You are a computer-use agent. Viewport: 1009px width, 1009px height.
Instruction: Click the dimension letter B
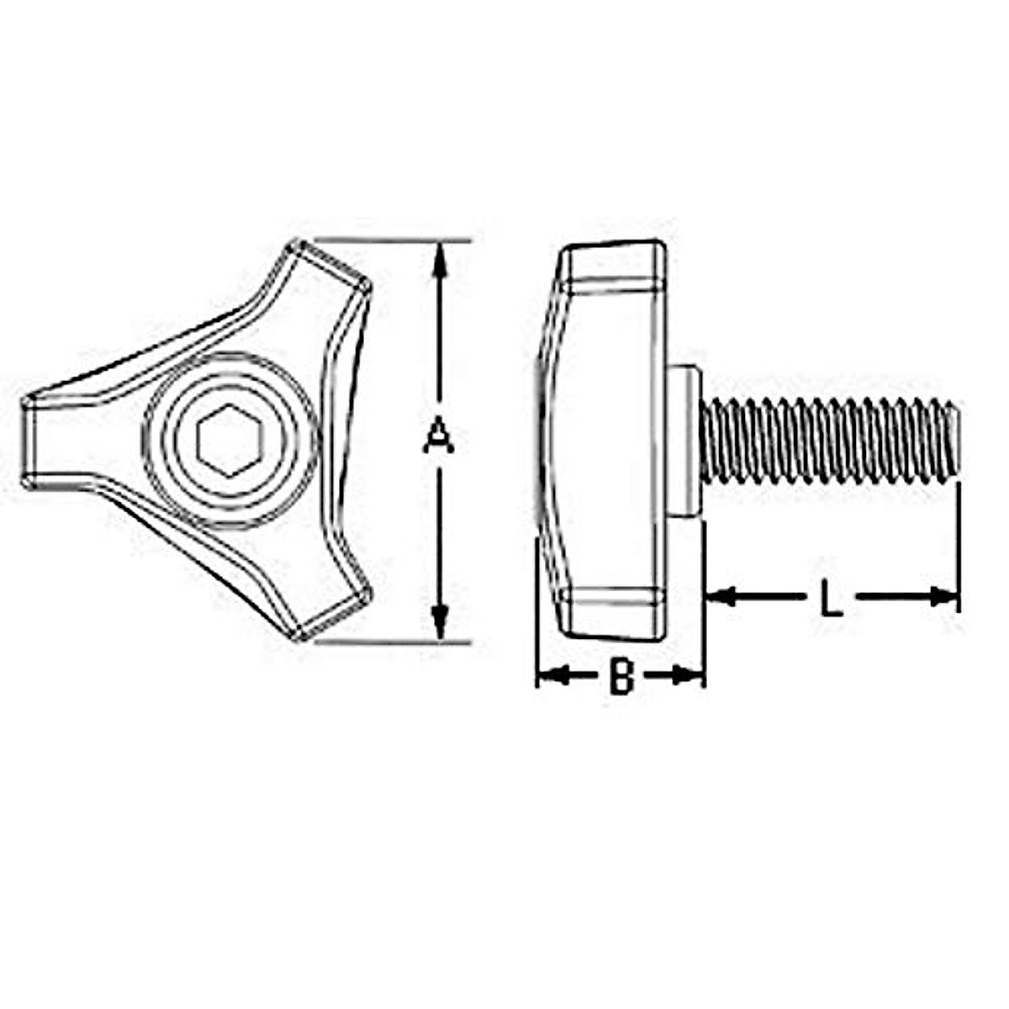tap(621, 676)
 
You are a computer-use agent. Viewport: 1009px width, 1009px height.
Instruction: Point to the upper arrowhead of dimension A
tap(437, 256)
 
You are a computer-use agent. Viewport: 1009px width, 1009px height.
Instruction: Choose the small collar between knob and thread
tap(685, 441)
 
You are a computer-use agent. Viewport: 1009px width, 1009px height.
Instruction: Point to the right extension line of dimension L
tap(959, 547)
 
